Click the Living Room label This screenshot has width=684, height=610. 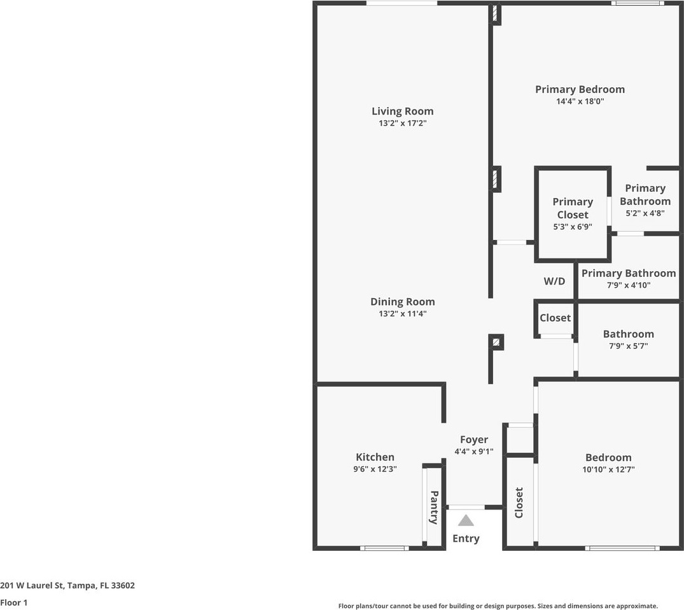point(403,111)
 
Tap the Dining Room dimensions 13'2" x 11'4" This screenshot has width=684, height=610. point(403,313)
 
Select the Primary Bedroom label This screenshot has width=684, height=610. point(580,90)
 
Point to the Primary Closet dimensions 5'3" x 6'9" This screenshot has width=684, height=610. point(573,227)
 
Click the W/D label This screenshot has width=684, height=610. point(554,281)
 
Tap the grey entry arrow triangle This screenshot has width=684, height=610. point(466,520)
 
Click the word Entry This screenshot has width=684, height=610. point(466,539)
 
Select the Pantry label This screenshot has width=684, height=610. point(434,507)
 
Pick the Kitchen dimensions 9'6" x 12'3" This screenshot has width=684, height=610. point(375,469)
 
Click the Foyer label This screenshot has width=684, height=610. point(474,440)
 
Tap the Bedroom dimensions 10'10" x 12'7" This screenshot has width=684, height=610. point(608,469)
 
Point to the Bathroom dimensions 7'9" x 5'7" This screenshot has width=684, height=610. point(629,346)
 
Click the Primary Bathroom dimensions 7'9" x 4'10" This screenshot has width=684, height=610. point(629,285)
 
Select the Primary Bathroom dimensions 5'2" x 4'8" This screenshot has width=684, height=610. point(645,213)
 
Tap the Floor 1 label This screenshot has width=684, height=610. point(14,602)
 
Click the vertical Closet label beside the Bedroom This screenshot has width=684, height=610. point(519,502)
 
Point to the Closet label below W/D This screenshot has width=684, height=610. point(555,318)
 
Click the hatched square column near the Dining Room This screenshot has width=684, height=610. point(496,342)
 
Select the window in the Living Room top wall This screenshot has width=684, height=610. point(401,3)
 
